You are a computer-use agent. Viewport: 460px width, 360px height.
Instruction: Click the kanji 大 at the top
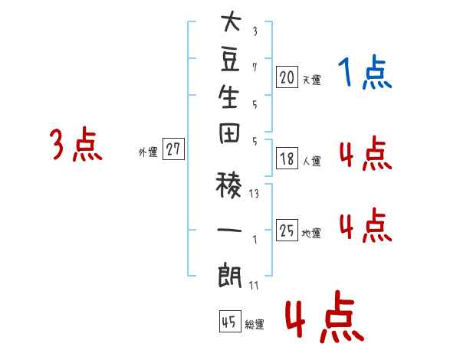pos(232,21)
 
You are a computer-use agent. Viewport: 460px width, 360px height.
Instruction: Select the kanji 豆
pos(230,60)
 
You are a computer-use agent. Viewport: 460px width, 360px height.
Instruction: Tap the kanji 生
pos(228,97)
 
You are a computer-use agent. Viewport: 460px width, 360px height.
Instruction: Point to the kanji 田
pos(229,133)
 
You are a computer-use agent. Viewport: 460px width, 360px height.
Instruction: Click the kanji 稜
pos(228,185)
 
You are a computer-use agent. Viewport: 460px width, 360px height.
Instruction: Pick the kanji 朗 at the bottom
pos(229,276)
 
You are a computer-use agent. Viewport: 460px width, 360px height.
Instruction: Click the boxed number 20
pos(287,77)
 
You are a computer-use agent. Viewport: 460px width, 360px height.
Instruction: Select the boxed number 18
pos(287,159)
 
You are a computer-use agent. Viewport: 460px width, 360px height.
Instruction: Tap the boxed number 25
pos(287,230)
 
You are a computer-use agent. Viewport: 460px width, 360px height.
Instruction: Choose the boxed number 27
pos(173,149)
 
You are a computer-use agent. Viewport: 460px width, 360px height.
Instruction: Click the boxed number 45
pos(230,321)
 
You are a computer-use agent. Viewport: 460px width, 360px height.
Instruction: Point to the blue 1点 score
pos(365,72)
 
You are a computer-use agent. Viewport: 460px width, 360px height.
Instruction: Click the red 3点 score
pos(76,144)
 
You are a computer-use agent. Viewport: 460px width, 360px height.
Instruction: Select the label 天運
pos(311,80)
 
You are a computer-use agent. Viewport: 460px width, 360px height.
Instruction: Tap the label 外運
pos(148,152)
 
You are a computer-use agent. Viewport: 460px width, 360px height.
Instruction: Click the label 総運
pos(255,324)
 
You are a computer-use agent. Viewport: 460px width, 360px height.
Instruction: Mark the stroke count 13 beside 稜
pos(254,194)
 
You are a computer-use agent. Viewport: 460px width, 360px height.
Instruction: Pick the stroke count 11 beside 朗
pos(254,285)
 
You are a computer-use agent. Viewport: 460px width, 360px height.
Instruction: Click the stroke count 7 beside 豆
pos(255,67)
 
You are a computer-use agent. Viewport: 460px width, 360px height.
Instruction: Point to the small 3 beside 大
pos(255,31)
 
